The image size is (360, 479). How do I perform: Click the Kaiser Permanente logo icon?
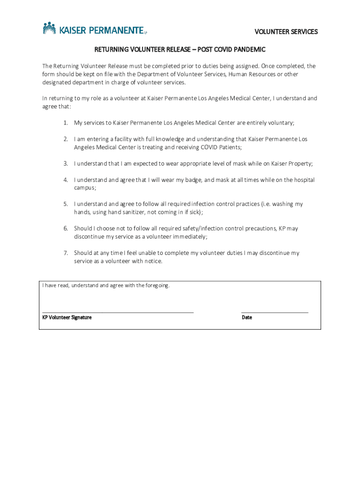(50, 29)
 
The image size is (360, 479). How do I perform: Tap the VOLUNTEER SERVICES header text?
(286, 32)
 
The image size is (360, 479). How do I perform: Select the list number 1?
(66, 123)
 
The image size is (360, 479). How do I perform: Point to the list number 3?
(66, 164)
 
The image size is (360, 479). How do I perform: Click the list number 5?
(66, 204)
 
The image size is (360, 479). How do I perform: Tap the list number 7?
(66, 253)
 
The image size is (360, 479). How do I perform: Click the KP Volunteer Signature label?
(67, 318)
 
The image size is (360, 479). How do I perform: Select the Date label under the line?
(247, 318)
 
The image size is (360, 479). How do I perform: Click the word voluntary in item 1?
(280, 123)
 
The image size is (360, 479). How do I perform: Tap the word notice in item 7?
(153, 261)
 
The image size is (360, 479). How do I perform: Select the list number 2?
(66, 139)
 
